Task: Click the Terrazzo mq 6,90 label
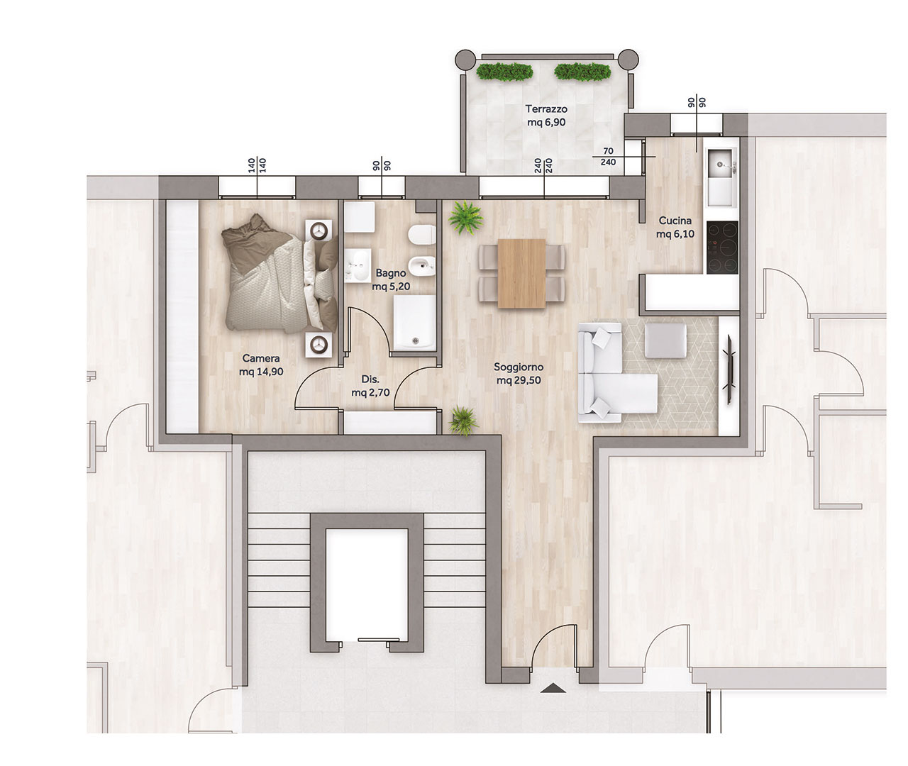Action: (546, 116)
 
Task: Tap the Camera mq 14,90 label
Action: (261, 365)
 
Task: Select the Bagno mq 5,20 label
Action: (391, 280)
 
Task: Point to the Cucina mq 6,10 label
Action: (675, 228)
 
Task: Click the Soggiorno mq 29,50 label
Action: (519, 374)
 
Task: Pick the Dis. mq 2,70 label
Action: (370, 386)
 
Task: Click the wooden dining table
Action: (521, 274)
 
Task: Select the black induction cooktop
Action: (722, 248)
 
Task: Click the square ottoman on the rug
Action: (666, 341)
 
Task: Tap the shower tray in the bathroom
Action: (414, 322)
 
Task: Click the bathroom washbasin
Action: (358, 266)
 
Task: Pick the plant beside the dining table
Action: (466, 217)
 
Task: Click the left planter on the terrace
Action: (504, 72)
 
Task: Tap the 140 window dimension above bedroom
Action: (257, 166)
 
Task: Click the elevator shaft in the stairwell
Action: (367, 584)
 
